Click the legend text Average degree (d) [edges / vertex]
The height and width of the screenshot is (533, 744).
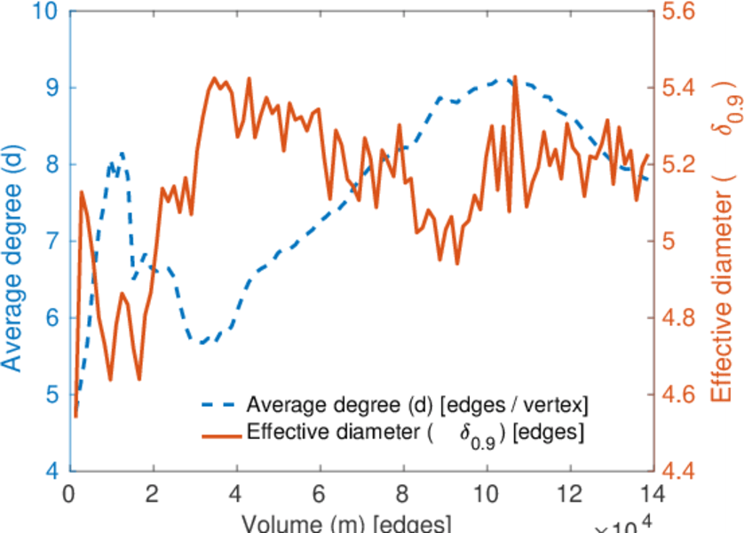pyautogui.click(x=417, y=406)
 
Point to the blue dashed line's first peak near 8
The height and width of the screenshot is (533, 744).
pyautogui.click(x=122, y=152)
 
